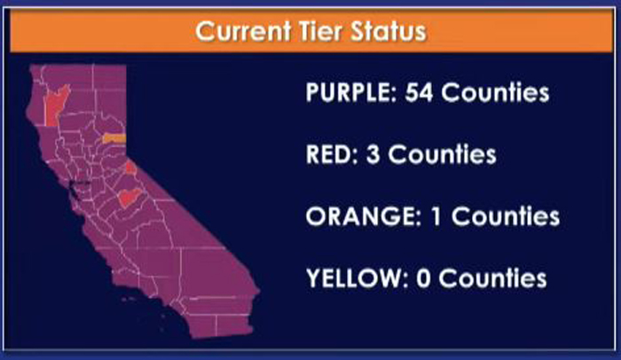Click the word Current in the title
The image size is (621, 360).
click(x=243, y=31)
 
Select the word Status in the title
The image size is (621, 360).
click(x=389, y=31)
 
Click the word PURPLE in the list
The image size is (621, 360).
click(x=351, y=93)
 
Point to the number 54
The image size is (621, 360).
click(x=419, y=93)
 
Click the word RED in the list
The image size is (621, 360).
click(x=332, y=154)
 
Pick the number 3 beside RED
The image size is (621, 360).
click(x=373, y=154)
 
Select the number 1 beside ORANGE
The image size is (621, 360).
click(x=436, y=216)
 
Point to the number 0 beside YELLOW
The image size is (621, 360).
click(x=423, y=278)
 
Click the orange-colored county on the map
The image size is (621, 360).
click(x=114, y=138)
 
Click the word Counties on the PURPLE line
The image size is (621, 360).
click(x=495, y=93)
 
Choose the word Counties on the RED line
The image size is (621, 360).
click(x=442, y=154)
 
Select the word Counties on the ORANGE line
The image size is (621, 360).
click(x=506, y=216)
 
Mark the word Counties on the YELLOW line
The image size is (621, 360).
click(x=493, y=278)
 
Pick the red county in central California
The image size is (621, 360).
click(x=130, y=197)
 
